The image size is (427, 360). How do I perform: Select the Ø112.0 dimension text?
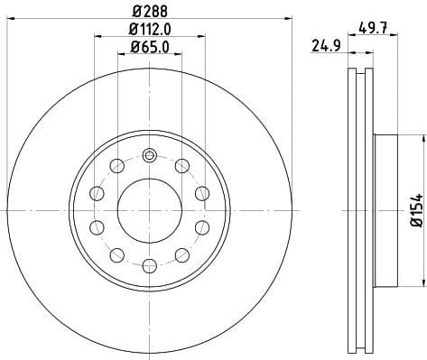tap(150, 32)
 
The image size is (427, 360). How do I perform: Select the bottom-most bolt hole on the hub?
tap(149, 264)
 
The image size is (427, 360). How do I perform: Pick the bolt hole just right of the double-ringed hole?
tap(182, 164)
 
